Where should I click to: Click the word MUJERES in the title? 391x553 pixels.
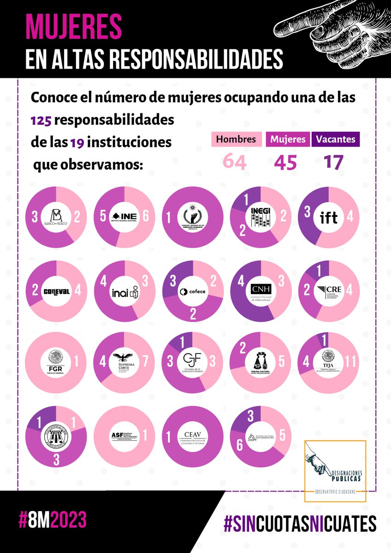click(73, 27)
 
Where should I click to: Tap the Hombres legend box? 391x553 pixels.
click(237, 139)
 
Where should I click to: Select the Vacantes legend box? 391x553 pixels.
click(336, 139)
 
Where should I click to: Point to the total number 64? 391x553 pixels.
click(235, 162)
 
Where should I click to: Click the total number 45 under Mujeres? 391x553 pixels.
click(285, 162)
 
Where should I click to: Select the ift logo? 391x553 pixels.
click(329, 217)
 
